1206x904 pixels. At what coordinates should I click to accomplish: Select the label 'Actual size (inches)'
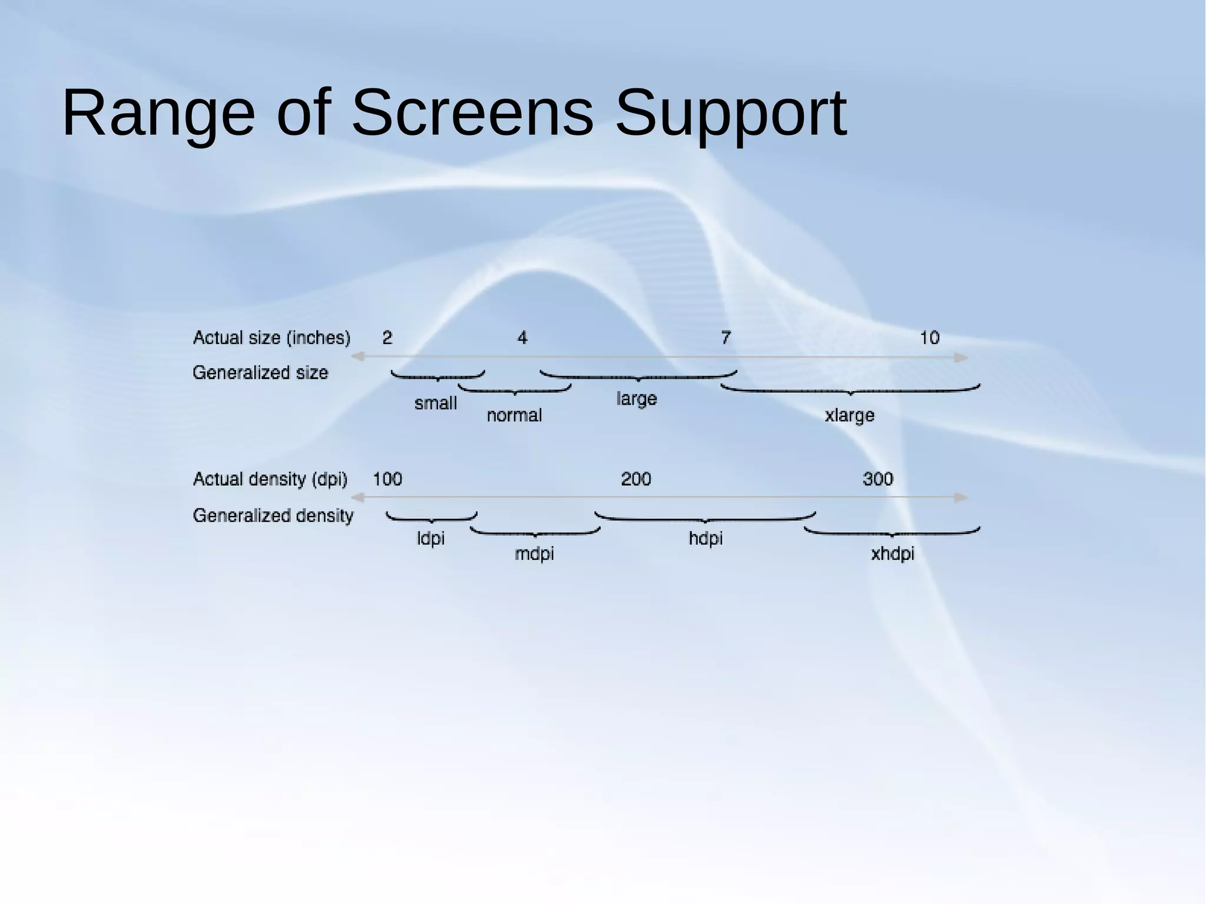tap(271, 338)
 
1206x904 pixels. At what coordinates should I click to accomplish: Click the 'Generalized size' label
tap(260, 373)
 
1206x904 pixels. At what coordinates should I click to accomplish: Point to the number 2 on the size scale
tap(387, 338)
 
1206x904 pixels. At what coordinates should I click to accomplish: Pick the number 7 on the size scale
tap(725, 338)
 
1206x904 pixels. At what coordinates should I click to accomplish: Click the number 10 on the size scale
tap(929, 338)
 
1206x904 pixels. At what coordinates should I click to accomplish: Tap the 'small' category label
tap(435, 403)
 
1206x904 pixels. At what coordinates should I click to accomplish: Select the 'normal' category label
tap(514, 416)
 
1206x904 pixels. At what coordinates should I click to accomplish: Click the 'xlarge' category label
tap(849, 416)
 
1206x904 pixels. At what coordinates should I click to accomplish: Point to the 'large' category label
tap(637, 399)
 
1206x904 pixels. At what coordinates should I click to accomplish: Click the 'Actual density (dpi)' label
tap(270, 479)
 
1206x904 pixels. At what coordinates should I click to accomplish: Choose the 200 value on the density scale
tap(636, 479)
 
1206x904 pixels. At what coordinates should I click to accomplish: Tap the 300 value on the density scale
tap(877, 479)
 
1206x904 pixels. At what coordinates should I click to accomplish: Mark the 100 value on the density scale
tap(387, 479)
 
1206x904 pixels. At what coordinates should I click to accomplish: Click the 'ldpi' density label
tap(430, 538)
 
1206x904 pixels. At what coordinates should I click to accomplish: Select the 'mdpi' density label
tap(534, 554)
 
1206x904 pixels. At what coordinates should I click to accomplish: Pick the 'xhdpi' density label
tap(893, 554)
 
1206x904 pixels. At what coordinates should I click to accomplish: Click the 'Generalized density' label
tap(273, 516)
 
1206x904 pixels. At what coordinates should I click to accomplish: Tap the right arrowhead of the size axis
tap(961, 357)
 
